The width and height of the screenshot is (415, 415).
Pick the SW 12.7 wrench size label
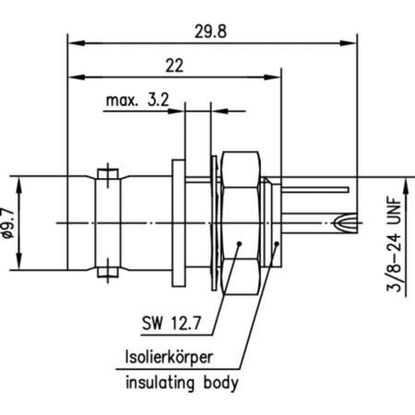click(x=172, y=324)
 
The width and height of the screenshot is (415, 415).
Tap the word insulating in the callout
click(x=155, y=382)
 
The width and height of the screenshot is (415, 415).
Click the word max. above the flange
click(x=124, y=101)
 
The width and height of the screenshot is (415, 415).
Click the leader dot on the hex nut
click(x=241, y=244)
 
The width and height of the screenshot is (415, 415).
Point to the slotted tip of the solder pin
click(x=342, y=221)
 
